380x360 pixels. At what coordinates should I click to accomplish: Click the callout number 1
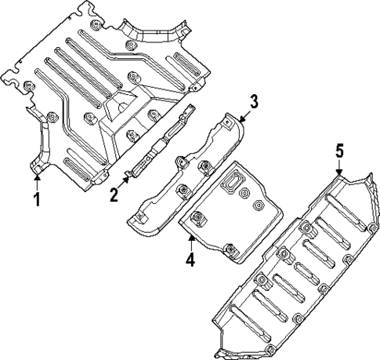(36, 199)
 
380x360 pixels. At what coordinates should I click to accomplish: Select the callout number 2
(114, 194)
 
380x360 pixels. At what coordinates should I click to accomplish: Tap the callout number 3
(253, 101)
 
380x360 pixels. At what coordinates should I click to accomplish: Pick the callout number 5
(339, 151)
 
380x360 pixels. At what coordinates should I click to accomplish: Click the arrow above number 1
(36, 179)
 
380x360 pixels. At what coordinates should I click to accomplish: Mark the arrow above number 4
(190, 233)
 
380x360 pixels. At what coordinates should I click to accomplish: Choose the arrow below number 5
(339, 171)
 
